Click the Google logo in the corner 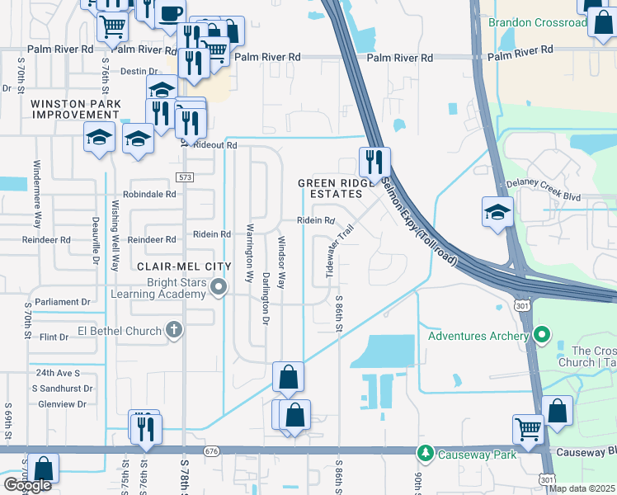tap(27, 485)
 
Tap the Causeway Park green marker tap(426, 454)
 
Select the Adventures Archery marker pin tap(541, 335)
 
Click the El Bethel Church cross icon tap(173, 330)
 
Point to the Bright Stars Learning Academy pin tap(219, 288)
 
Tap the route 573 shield tap(185, 178)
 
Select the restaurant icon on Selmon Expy tap(374, 160)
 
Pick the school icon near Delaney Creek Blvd tap(497, 213)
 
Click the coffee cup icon tap(171, 14)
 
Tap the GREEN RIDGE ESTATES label tap(330, 188)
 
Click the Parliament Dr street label tap(63, 303)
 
